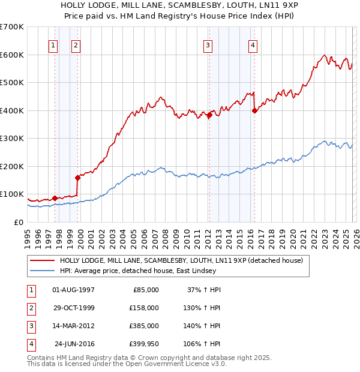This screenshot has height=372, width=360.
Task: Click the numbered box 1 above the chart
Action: (53, 44)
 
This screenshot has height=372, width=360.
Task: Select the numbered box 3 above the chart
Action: (208, 44)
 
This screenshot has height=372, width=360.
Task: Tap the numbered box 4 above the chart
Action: (253, 44)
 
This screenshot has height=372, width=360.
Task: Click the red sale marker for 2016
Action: (254, 110)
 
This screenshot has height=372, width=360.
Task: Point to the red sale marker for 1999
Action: (77, 178)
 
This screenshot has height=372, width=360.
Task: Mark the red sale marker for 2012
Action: (209, 115)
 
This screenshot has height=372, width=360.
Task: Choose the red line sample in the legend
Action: (43, 261)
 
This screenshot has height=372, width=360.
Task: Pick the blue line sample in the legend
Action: (43, 271)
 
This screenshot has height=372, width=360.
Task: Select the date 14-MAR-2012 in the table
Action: (73, 326)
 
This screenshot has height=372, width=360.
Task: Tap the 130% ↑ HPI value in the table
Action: (202, 308)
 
